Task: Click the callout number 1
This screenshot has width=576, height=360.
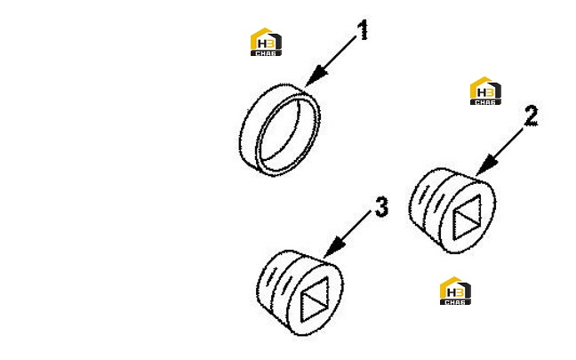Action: click(x=363, y=30)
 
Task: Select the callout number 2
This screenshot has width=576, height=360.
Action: click(x=531, y=116)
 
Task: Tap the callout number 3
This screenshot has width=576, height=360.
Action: click(x=381, y=207)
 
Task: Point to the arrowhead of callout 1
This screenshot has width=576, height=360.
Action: click(x=316, y=76)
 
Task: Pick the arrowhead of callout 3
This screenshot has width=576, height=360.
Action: click(x=334, y=247)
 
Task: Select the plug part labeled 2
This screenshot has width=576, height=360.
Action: click(x=452, y=211)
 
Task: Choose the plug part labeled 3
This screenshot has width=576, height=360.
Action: click(x=300, y=292)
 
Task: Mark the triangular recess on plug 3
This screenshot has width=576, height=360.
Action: click(x=315, y=300)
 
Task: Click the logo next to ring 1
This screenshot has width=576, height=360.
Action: click(x=266, y=42)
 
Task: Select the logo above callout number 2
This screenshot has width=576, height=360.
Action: click(x=485, y=91)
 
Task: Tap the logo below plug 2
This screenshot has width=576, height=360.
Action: click(x=455, y=291)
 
